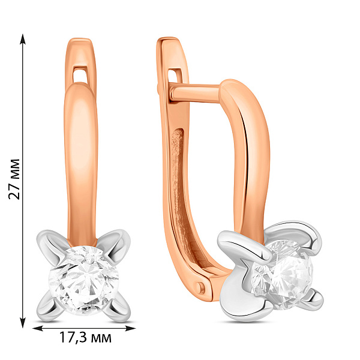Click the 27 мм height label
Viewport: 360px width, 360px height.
tap(14, 179)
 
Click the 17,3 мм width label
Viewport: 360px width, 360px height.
tap(85, 337)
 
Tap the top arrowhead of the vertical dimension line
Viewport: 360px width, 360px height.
tap(23, 39)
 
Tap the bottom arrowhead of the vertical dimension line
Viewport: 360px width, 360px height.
tap(23, 323)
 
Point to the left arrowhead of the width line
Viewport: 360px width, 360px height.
tap(38, 329)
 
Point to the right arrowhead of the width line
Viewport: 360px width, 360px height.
tap(130, 329)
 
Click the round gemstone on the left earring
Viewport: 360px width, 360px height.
tap(84, 281)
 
